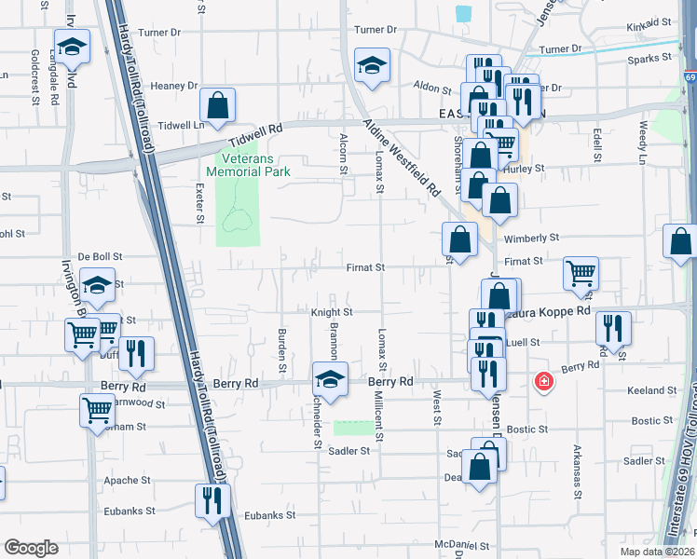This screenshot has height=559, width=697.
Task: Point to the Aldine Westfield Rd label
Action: click(407, 158)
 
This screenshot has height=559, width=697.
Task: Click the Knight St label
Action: click(332, 313)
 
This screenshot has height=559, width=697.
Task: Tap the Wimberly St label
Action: click(531, 239)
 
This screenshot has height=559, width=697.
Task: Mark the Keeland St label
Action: click(652, 390)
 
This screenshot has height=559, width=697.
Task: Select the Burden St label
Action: click(282, 348)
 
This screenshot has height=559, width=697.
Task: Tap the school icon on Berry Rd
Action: click(329, 378)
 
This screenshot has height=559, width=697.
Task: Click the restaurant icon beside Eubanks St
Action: click(212, 500)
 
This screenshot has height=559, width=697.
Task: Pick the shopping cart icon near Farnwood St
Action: click(97, 410)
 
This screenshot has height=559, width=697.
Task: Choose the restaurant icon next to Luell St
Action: click(613, 327)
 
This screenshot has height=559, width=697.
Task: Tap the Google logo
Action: click(32, 547)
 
